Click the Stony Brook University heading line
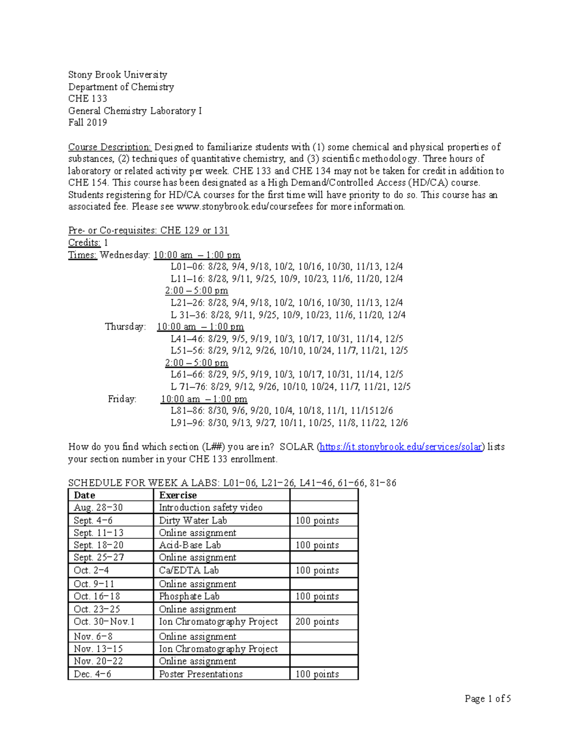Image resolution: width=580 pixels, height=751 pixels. pyautogui.click(x=117, y=74)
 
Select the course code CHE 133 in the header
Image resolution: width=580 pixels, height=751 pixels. pyautogui.click(x=87, y=99)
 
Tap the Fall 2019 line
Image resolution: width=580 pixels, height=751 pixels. pyautogui.click(x=87, y=122)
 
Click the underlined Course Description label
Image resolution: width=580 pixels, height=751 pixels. pyautogui.click(x=110, y=147)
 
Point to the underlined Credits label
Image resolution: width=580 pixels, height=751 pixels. pyautogui.click(x=84, y=243)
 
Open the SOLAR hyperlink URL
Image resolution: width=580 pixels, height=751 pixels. pyautogui.click(x=401, y=447)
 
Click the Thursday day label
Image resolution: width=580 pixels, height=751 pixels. pyautogui.click(x=125, y=327)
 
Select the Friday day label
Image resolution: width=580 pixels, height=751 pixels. pyautogui.click(x=122, y=399)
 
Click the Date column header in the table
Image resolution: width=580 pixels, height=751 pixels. pyautogui.click(x=84, y=495)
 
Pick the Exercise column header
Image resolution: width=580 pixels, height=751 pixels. pyautogui.click(x=178, y=495)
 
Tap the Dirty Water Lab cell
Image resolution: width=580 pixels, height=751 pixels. pyautogui.click(x=193, y=520)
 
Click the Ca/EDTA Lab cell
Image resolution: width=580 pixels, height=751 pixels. pyautogui.click(x=188, y=571)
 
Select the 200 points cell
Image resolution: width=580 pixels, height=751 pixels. pyautogui.click(x=317, y=621)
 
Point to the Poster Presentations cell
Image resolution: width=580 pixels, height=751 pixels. pyautogui.click(x=201, y=674)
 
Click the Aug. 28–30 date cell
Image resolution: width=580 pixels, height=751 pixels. pyautogui.click(x=98, y=507)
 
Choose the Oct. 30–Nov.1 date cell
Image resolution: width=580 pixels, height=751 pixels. pyautogui.click(x=104, y=621)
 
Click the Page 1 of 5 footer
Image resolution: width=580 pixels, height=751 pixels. pyautogui.click(x=487, y=699)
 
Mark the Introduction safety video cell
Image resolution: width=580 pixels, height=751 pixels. pyautogui.click(x=211, y=507)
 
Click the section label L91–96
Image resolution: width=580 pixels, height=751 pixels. pyautogui.click(x=188, y=423)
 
